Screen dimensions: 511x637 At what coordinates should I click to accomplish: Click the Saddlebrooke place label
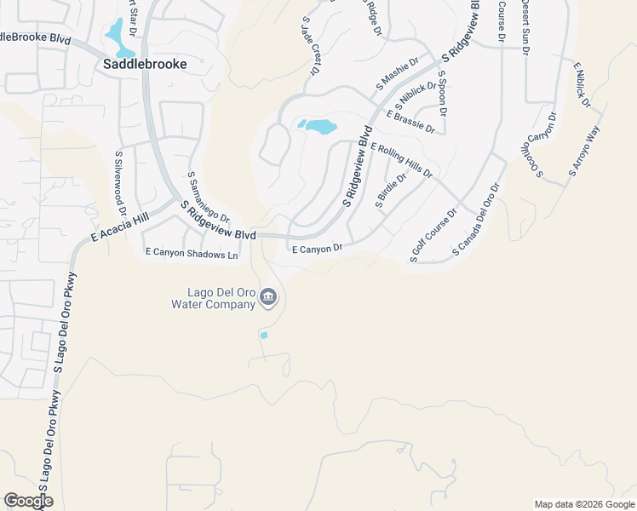click(145, 63)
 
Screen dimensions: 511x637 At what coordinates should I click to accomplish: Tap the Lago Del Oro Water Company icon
click(268, 297)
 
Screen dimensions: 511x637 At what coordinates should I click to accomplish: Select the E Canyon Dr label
click(317, 249)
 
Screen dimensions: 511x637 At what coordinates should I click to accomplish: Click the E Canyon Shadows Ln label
click(192, 253)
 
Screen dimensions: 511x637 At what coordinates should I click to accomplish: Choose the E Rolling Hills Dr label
click(401, 161)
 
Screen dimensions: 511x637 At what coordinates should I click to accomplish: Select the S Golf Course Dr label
click(433, 234)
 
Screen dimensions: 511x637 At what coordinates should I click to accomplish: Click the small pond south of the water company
click(264, 336)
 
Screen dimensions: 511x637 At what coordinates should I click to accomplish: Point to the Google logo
click(28, 501)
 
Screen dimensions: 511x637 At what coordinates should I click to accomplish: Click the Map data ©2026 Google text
click(584, 504)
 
